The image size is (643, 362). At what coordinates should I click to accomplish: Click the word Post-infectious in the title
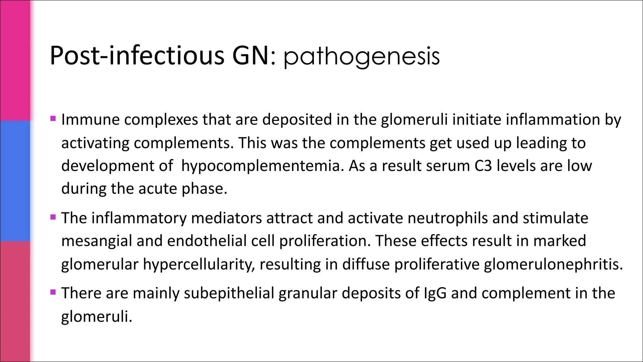pyautogui.click(x=137, y=56)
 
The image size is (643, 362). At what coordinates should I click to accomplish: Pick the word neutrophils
pyautogui.click(x=447, y=218)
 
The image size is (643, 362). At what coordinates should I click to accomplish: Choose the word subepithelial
pyautogui.click(x=229, y=293)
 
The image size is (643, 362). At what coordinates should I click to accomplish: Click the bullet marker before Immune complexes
pyautogui.click(x=53, y=119)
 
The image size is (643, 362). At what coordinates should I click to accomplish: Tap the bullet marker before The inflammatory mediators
pyautogui.click(x=53, y=217)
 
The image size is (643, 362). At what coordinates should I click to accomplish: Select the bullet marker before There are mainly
pyautogui.click(x=53, y=292)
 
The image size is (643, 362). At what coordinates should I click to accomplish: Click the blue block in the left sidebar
pyautogui.click(x=15, y=181)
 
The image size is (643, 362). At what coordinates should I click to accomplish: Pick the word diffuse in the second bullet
pyautogui.click(x=366, y=264)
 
